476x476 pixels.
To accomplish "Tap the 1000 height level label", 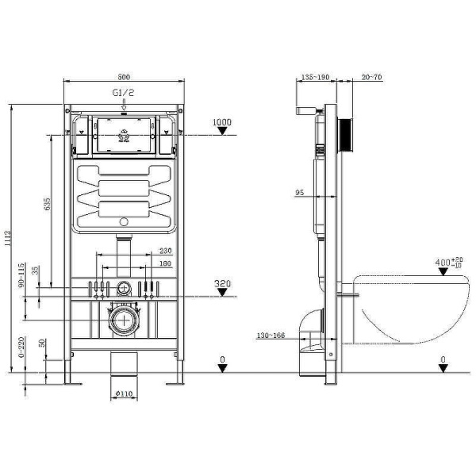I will point(223,123).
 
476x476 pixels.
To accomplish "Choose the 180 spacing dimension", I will point(165,263).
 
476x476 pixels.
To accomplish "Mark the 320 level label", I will point(223,282).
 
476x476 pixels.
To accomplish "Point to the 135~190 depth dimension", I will point(316,77).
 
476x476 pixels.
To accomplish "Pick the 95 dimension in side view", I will point(300,192).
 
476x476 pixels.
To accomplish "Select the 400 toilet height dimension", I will point(446,263).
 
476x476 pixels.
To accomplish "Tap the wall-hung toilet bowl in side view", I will point(405,309).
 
